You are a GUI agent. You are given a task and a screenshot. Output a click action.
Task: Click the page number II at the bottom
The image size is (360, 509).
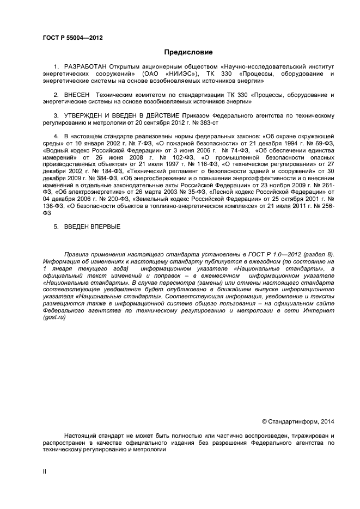[45, 471]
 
